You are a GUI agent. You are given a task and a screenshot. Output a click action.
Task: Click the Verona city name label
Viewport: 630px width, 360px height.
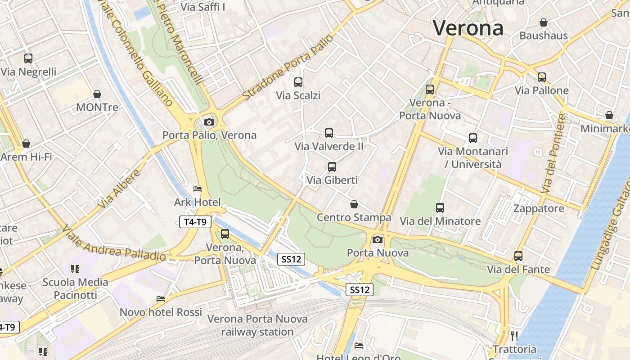pos(468,28)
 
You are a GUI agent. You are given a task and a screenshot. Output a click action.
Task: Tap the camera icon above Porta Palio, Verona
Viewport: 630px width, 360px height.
pos(209,122)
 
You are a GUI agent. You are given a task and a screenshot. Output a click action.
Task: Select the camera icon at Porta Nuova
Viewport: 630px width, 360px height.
pos(378,239)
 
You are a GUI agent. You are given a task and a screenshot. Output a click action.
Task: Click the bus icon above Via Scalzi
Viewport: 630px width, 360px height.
pos(298,82)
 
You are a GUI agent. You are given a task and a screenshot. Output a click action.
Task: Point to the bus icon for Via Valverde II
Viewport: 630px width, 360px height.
pos(329,133)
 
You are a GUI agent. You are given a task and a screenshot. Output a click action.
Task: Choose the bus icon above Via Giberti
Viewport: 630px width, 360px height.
pos(332,167)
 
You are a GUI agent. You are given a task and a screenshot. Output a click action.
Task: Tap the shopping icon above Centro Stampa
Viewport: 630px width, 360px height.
pos(354,204)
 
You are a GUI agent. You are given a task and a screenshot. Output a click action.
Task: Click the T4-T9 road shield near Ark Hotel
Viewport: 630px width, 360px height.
pos(195,221)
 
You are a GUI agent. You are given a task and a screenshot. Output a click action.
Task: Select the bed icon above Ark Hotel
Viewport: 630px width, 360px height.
pos(197,189)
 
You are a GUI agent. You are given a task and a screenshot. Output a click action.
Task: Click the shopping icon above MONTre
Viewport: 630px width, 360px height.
pos(97,94)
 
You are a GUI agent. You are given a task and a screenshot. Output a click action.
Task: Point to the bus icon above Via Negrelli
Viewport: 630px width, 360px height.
pos(28,58)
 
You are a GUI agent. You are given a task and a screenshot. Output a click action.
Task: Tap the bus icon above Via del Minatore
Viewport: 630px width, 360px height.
pos(440,208)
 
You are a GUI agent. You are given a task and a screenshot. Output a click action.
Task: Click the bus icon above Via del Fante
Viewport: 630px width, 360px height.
pos(518,256)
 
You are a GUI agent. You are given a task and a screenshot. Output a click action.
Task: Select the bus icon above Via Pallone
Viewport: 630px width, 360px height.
pos(542,77)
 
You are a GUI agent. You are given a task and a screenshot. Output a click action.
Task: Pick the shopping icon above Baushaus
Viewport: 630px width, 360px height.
pos(544,22)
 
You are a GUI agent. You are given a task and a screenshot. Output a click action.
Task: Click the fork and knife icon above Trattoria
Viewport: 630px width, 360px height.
pos(514,336)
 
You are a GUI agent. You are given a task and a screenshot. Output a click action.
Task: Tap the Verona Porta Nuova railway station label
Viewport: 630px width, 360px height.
pos(257,325)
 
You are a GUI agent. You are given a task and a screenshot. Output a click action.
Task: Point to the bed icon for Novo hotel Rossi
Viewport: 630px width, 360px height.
pos(161,299)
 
